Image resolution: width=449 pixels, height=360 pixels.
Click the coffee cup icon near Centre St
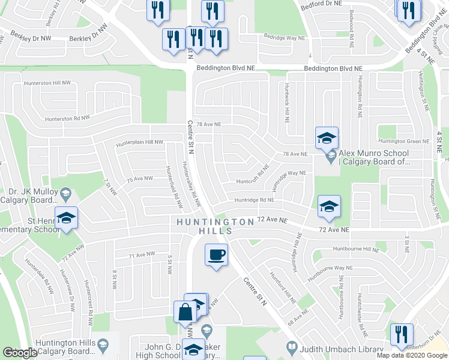tap(216, 255)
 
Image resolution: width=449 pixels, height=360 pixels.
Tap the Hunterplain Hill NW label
tap(139, 142)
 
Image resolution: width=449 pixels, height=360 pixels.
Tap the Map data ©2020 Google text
tap(412, 355)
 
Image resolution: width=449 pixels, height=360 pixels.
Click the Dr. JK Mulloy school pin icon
tap(66, 193)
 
